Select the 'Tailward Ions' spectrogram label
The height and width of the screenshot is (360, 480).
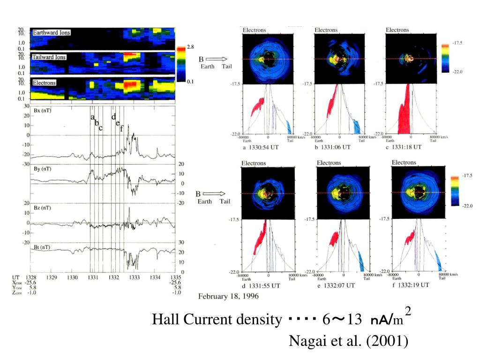pyautogui.click(x=49, y=57)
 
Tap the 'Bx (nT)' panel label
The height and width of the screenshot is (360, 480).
pyautogui.click(x=43, y=111)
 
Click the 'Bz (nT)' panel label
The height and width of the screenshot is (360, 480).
pyautogui.click(x=43, y=208)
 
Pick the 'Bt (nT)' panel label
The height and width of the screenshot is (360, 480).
pyautogui.click(x=43, y=247)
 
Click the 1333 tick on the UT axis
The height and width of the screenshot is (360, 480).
pyautogui.click(x=135, y=277)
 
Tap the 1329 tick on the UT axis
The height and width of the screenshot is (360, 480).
pyautogui.click(x=52, y=277)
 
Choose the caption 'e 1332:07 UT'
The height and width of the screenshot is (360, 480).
pyautogui.click(x=336, y=285)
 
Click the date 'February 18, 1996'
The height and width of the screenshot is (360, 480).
pyautogui.click(x=228, y=296)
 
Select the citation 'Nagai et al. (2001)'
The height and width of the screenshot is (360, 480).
pyautogui.click(x=348, y=341)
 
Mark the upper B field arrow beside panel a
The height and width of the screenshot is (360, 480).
pyautogui.click(x=216, y=59)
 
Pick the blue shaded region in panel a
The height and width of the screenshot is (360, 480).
pyautogui.click(x=289, y=127)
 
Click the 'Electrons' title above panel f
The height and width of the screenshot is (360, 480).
pyautogui.click(x=404, y=163)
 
